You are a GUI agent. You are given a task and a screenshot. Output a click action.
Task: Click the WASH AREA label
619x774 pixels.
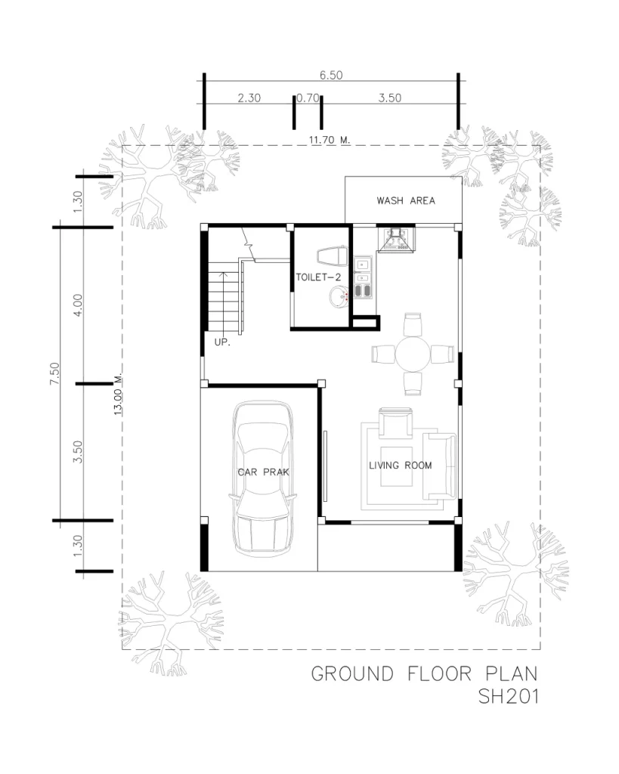406,200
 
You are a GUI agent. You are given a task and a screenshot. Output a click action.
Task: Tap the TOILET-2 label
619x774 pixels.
318,277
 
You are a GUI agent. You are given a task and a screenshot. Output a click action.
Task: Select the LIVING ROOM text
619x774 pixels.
401,465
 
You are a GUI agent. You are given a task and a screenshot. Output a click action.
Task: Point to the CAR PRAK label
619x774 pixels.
263,472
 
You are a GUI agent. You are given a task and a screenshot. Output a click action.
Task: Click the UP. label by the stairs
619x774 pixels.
222,342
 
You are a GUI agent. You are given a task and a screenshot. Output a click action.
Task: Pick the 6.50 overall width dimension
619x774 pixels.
331,75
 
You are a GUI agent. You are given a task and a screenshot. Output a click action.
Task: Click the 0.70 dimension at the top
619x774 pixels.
308,98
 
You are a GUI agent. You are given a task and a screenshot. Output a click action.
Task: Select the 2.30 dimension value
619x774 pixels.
249,98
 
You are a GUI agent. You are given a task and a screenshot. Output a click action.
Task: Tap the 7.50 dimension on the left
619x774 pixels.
54,373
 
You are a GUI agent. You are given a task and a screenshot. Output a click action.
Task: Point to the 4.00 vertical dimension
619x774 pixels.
78,305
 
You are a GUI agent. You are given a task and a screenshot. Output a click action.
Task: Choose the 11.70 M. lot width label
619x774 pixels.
330,140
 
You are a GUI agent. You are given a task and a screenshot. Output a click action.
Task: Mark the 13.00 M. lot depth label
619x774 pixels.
118,394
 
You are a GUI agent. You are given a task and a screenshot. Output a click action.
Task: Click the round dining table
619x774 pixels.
413,354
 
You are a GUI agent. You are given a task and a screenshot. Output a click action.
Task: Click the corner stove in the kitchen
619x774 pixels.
396,238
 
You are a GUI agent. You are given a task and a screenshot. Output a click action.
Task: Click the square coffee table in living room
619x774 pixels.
396,466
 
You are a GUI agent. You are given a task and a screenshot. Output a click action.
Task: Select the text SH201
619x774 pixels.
508,696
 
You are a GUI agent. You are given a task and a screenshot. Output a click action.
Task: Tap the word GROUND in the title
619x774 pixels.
352,673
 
